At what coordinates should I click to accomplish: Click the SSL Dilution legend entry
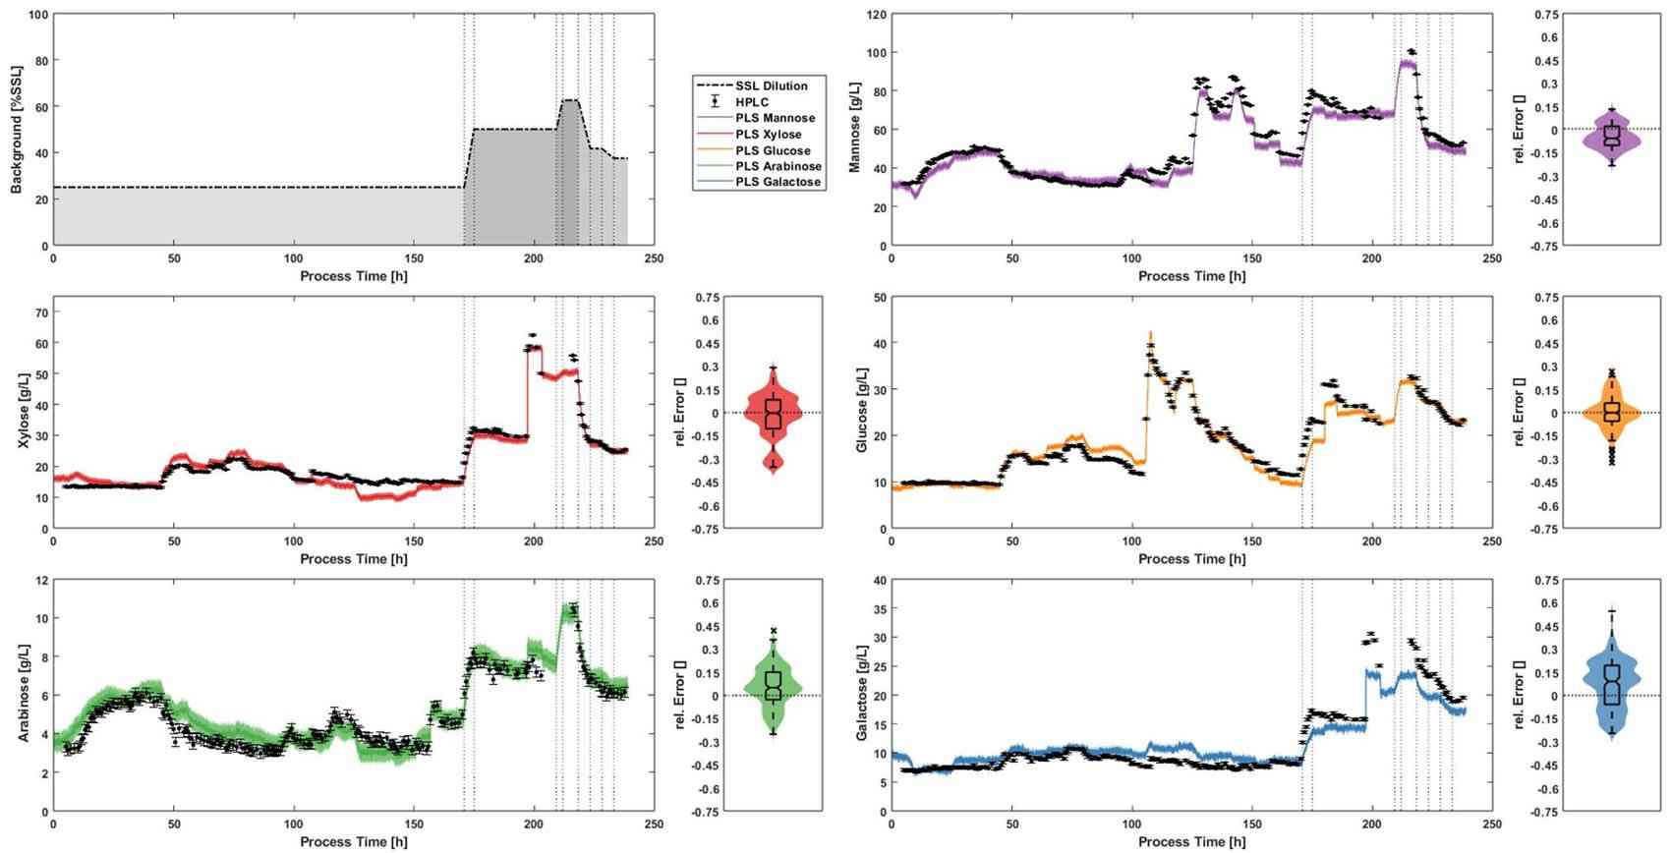point(772,85)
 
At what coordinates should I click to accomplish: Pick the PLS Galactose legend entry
point(778,182)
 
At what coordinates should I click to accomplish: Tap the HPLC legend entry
point(752,102)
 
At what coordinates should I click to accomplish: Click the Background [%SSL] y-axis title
point(17,130)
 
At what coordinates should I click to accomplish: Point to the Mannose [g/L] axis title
point(855,130)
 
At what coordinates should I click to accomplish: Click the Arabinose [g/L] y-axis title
point(23,694)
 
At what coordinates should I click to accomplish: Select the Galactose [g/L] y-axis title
point(861,694)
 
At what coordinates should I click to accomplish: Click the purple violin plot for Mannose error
point(1610,136)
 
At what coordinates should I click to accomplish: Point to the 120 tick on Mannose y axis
point(876,15)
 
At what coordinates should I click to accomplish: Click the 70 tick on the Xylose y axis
point(40,313)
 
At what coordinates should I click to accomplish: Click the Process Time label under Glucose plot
point(1191,558)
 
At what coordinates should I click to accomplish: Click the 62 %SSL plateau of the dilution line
point(569,100)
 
